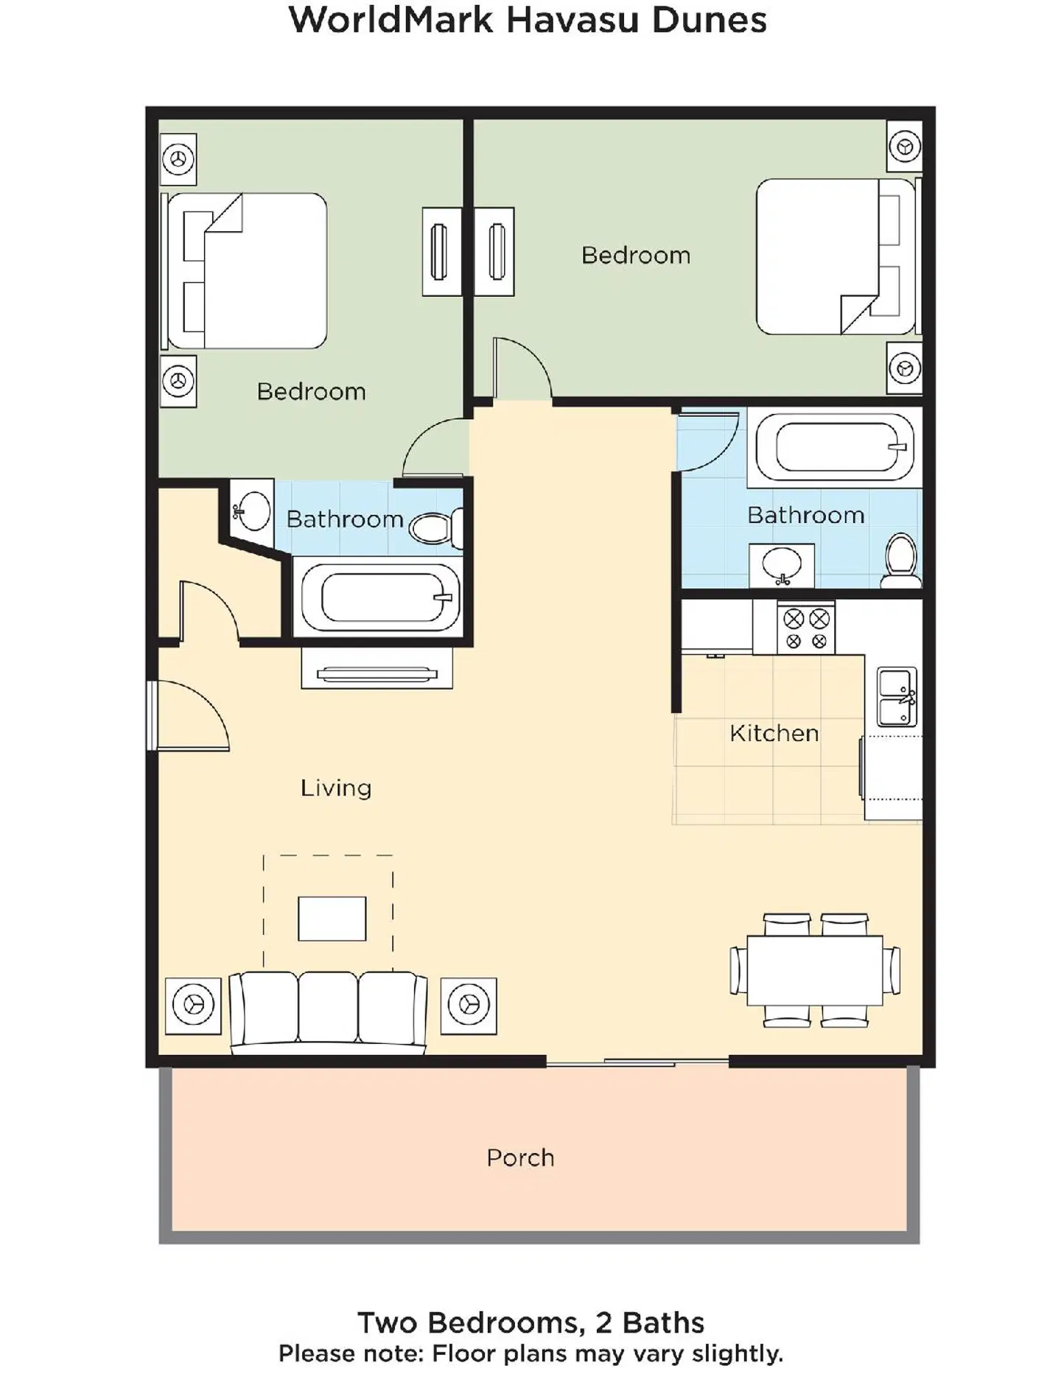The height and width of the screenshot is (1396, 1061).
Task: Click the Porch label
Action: pyautogui.click(x=520, y=1157)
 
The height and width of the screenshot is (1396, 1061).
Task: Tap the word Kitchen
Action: pyautogui.click(x=774, y=733)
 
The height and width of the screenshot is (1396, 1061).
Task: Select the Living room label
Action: pyautogui.click(x=335, y=788)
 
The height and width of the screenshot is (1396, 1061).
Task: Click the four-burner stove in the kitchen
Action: pyautogui.click(x=805, y=628)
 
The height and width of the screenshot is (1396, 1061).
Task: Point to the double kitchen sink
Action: pyautogui.click(x=897, y=696)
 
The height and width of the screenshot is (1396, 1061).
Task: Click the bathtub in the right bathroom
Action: pyautogui.click(x=834, y=447)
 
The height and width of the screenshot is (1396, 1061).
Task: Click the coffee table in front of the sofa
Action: pyautogui.click(x=332, y=918)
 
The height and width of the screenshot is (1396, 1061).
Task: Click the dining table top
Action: pyautogui.click(x=814, y=970)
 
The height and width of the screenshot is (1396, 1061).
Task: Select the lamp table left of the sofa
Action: pyautogui.click(x=193, y=1005)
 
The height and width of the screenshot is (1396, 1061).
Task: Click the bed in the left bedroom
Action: pyautogui.click(x=251, y=271)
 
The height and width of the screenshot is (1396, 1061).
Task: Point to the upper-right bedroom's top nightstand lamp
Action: pyautogui.click(x=904, y=147)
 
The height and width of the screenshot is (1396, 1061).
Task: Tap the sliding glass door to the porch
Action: pyautogui.click(x=637, y=1062)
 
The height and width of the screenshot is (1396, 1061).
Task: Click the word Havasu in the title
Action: pyautogui.click(x=572, y=20)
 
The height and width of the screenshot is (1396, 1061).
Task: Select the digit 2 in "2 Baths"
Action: pyautogui.click(x=603, y=1322)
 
